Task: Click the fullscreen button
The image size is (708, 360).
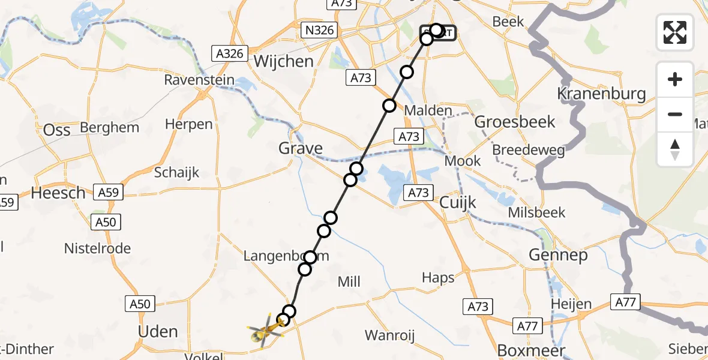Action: click(x=675, y=32)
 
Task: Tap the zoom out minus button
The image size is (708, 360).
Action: click(x=675, y=114)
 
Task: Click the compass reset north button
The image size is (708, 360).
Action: click(x=675, y=148)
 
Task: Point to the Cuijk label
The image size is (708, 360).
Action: click(x=458, y=202)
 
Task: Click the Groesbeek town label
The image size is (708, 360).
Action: click(x=515, y=122)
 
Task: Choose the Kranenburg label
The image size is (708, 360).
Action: click(x=601, y=94)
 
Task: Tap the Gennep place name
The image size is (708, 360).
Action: click(x=549, y=255)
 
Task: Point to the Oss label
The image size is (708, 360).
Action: click(x=57, y=130)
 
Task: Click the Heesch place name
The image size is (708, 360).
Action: click(x=58, y=193)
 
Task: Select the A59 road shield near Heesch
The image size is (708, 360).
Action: click(x=108, y=193)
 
